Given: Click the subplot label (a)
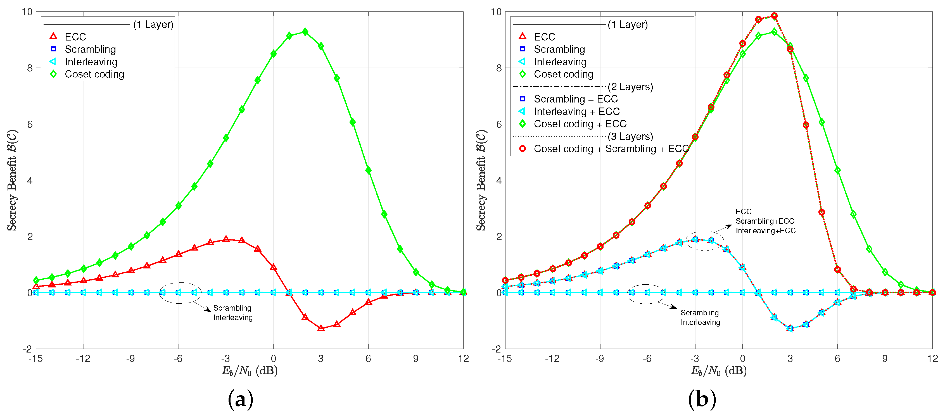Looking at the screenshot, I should click(240, 399).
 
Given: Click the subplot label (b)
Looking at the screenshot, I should click(702, 399).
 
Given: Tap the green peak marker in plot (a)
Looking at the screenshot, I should click(305, 32).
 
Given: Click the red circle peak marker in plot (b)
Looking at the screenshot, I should click(774, 16).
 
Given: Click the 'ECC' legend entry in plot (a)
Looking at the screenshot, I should click(75, 37).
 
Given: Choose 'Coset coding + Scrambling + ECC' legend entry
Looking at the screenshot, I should click(611, 149).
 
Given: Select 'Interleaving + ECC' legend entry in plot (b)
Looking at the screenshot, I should click(576, 111).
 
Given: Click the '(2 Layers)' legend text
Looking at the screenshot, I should click(630, 87).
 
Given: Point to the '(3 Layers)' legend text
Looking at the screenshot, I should click(630, 136).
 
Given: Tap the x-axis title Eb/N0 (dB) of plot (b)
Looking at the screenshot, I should click(718, 371).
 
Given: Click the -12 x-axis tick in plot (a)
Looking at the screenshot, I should click(83, 358).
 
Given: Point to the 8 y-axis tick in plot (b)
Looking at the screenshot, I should click(498, 68).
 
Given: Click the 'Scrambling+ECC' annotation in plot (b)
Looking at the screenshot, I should click(764, 221).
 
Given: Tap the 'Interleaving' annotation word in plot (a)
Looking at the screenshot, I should click(233, 317).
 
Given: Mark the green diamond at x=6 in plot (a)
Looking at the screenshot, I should click(368, 170).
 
